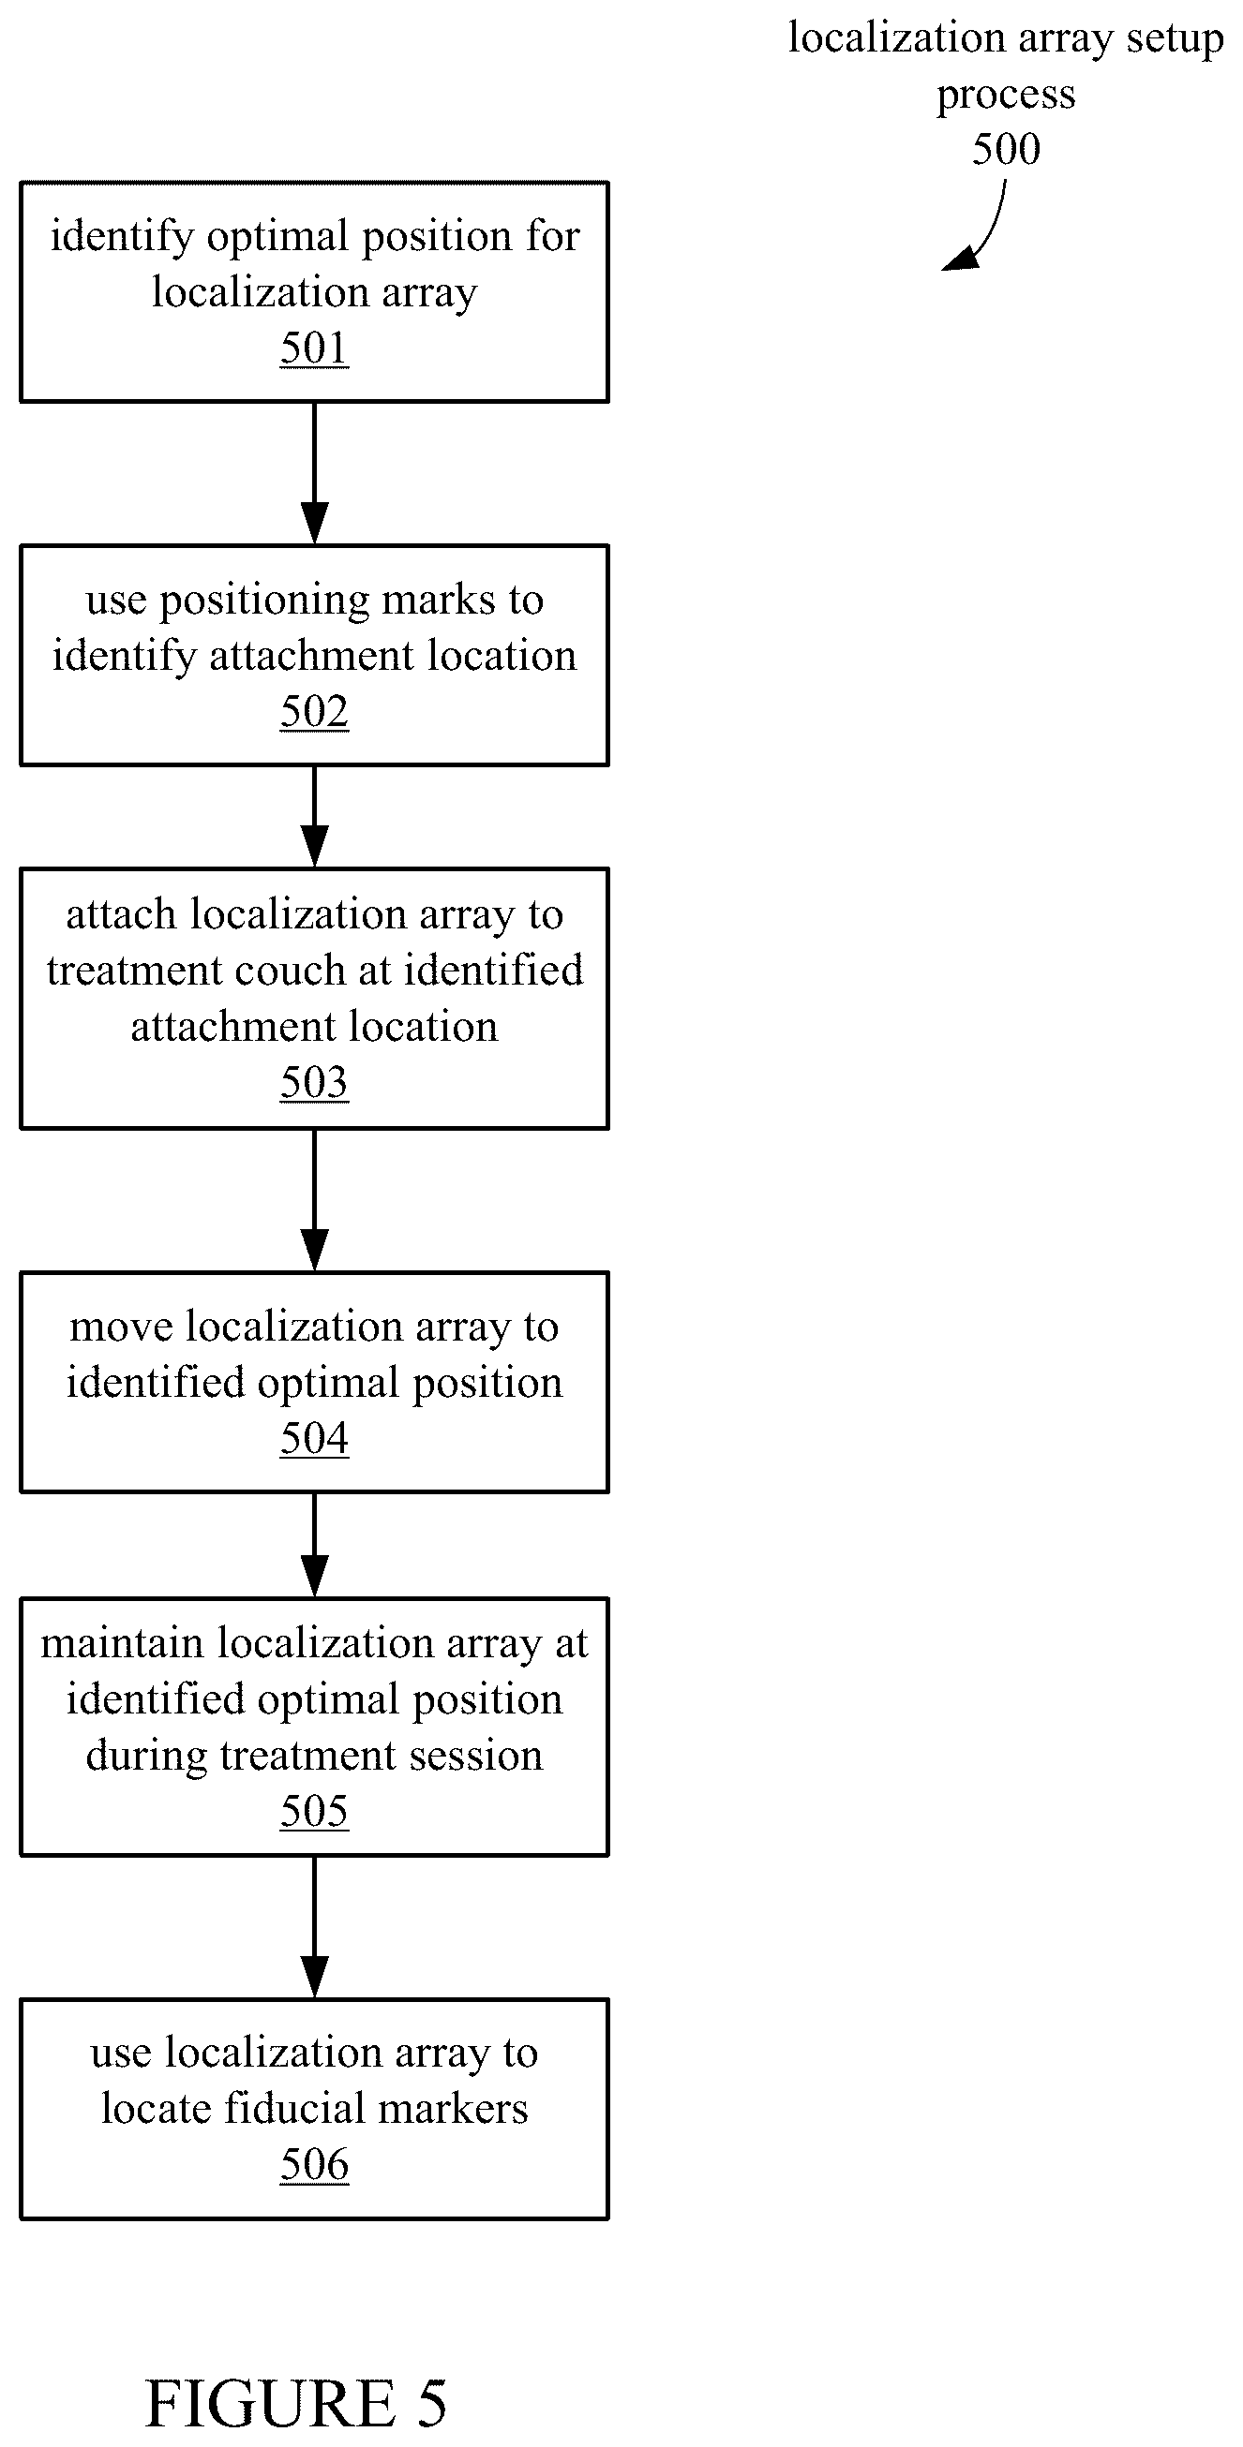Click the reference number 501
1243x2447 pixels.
[315, 349]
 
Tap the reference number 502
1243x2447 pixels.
[315, 711]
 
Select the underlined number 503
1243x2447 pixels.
[315, 1082]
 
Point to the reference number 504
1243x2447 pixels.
[315, 1438]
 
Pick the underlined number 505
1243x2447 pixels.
[315, 1812]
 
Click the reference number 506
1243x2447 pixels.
[315, 2165]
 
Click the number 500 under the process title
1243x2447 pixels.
[1007, 149]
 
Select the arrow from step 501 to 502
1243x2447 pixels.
[315, 473]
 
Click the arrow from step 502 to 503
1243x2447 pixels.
[315, 817]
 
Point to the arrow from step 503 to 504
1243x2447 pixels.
[315, 1201]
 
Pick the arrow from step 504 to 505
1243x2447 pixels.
[315, 1546]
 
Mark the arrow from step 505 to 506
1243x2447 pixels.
[315, 1927]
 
